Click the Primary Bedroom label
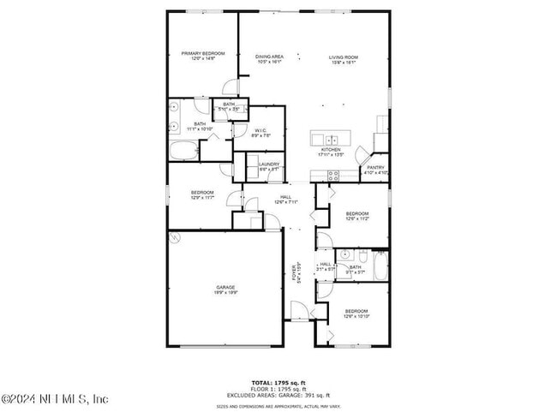(x=197, y=54)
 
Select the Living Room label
(x=344, y=57)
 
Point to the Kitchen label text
(x=331, y=150)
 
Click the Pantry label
(x=375, y=167)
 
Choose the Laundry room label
(x=269, y=164)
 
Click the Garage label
(x=225, y=287)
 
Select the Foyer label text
(x=297, y=272)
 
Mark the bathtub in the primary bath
(x=183, y=152)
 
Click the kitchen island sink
(x=331, y=138)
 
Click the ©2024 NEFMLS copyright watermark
(x=55, y=399)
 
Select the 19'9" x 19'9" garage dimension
(x=225, y=293)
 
